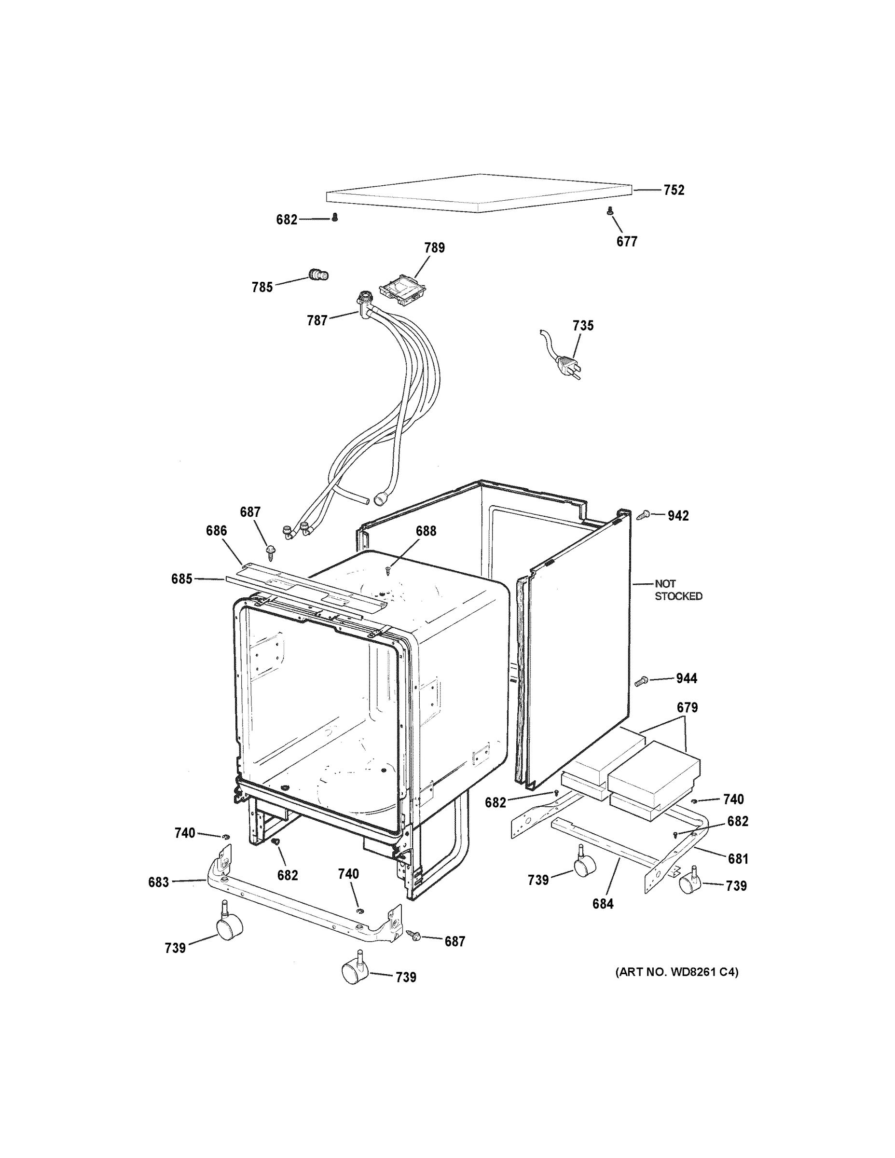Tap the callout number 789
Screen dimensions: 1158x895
434,248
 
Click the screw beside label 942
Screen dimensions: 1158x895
644,514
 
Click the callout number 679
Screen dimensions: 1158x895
687,707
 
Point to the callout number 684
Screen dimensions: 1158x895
603,904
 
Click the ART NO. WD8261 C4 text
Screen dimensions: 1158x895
676,972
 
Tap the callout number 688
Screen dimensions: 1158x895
426,531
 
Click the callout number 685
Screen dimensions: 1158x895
181,579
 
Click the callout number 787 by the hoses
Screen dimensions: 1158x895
317,320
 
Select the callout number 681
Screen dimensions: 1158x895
738,858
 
